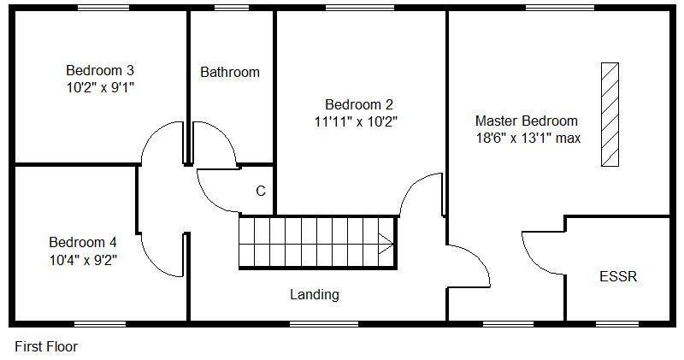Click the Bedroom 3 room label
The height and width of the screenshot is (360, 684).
point(100,70)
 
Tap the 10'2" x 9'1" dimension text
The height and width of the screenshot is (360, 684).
point(100,86)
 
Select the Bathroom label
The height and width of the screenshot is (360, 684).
point(230,73)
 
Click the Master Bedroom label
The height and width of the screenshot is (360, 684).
point(526,121)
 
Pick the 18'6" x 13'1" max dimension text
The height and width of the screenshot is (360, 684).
point(528,137)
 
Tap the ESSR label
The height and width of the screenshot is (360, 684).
point(618,277)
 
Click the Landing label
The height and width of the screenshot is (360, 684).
point(315,295)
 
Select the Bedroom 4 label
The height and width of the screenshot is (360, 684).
point(82,241)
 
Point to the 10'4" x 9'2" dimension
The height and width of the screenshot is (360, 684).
point(82,258)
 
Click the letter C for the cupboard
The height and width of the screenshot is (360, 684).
point(261,191)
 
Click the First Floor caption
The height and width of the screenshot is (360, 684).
point(46,346)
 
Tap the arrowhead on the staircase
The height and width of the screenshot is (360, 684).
point(386,244)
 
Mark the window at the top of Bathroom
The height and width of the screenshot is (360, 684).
point(232,8)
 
